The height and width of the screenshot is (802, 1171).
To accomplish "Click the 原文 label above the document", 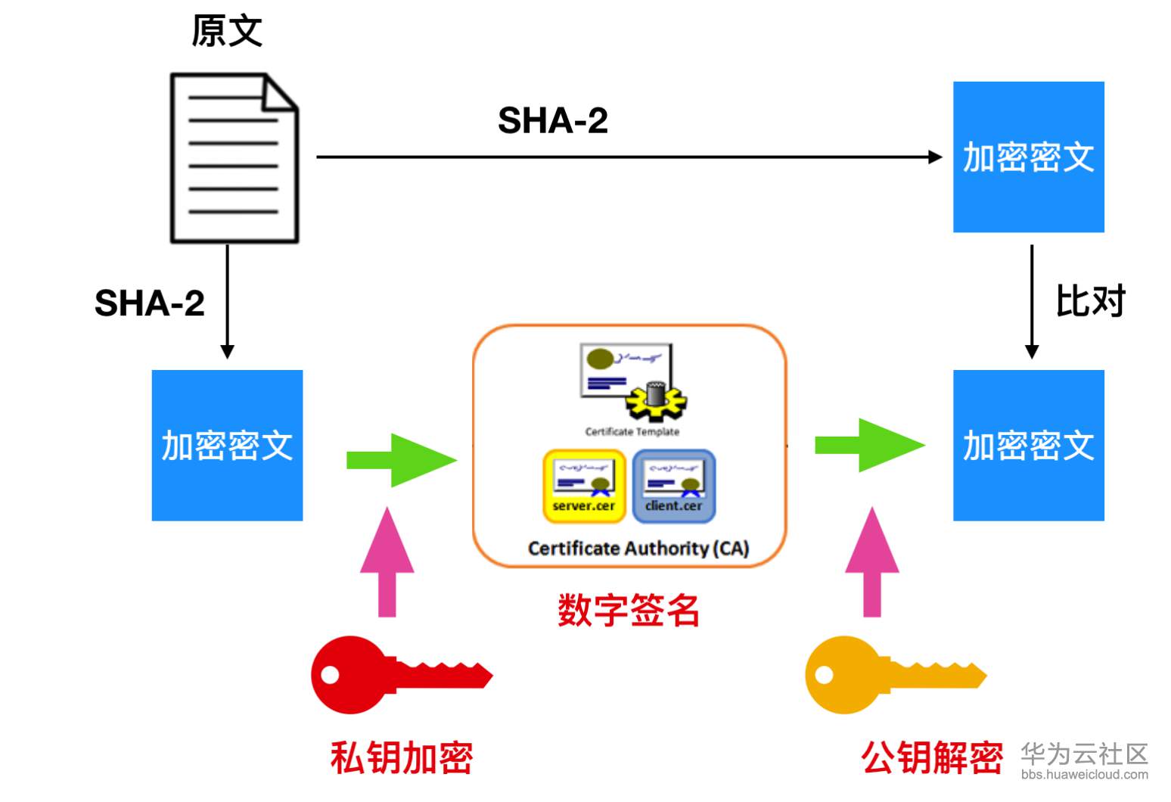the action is [227, 31].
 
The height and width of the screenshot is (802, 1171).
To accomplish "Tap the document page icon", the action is [235, 158].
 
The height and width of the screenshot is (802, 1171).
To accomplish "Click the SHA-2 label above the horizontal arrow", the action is [553, 120].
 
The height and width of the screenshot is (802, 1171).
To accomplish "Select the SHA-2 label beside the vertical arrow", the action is [150, 303].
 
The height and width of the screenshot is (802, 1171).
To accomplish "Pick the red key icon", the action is [402, 674].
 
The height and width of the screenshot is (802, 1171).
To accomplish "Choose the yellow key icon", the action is [896, 674].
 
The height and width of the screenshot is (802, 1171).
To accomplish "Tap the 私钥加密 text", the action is [402, 757].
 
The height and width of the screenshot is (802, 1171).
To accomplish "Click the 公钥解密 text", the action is [932, 757].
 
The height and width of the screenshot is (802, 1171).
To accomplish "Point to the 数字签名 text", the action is [629, 610].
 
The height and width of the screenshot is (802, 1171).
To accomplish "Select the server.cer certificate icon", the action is [584, 486].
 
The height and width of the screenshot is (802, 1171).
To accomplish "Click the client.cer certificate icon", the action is [674, 486].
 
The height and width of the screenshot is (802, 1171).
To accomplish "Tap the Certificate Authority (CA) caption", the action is [638, 549].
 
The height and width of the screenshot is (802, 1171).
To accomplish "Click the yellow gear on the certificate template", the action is [656, 403].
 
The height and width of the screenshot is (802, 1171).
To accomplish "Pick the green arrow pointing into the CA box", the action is [402, 460].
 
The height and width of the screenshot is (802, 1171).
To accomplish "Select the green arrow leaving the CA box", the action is [870, 445].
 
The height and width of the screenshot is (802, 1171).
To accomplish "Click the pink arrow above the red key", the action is [387, 561].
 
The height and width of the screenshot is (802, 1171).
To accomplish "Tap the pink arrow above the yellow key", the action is [872, 561].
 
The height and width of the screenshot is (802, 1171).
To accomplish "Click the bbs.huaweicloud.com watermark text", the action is [1085, 774].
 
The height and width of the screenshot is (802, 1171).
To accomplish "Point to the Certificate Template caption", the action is [632, 432].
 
